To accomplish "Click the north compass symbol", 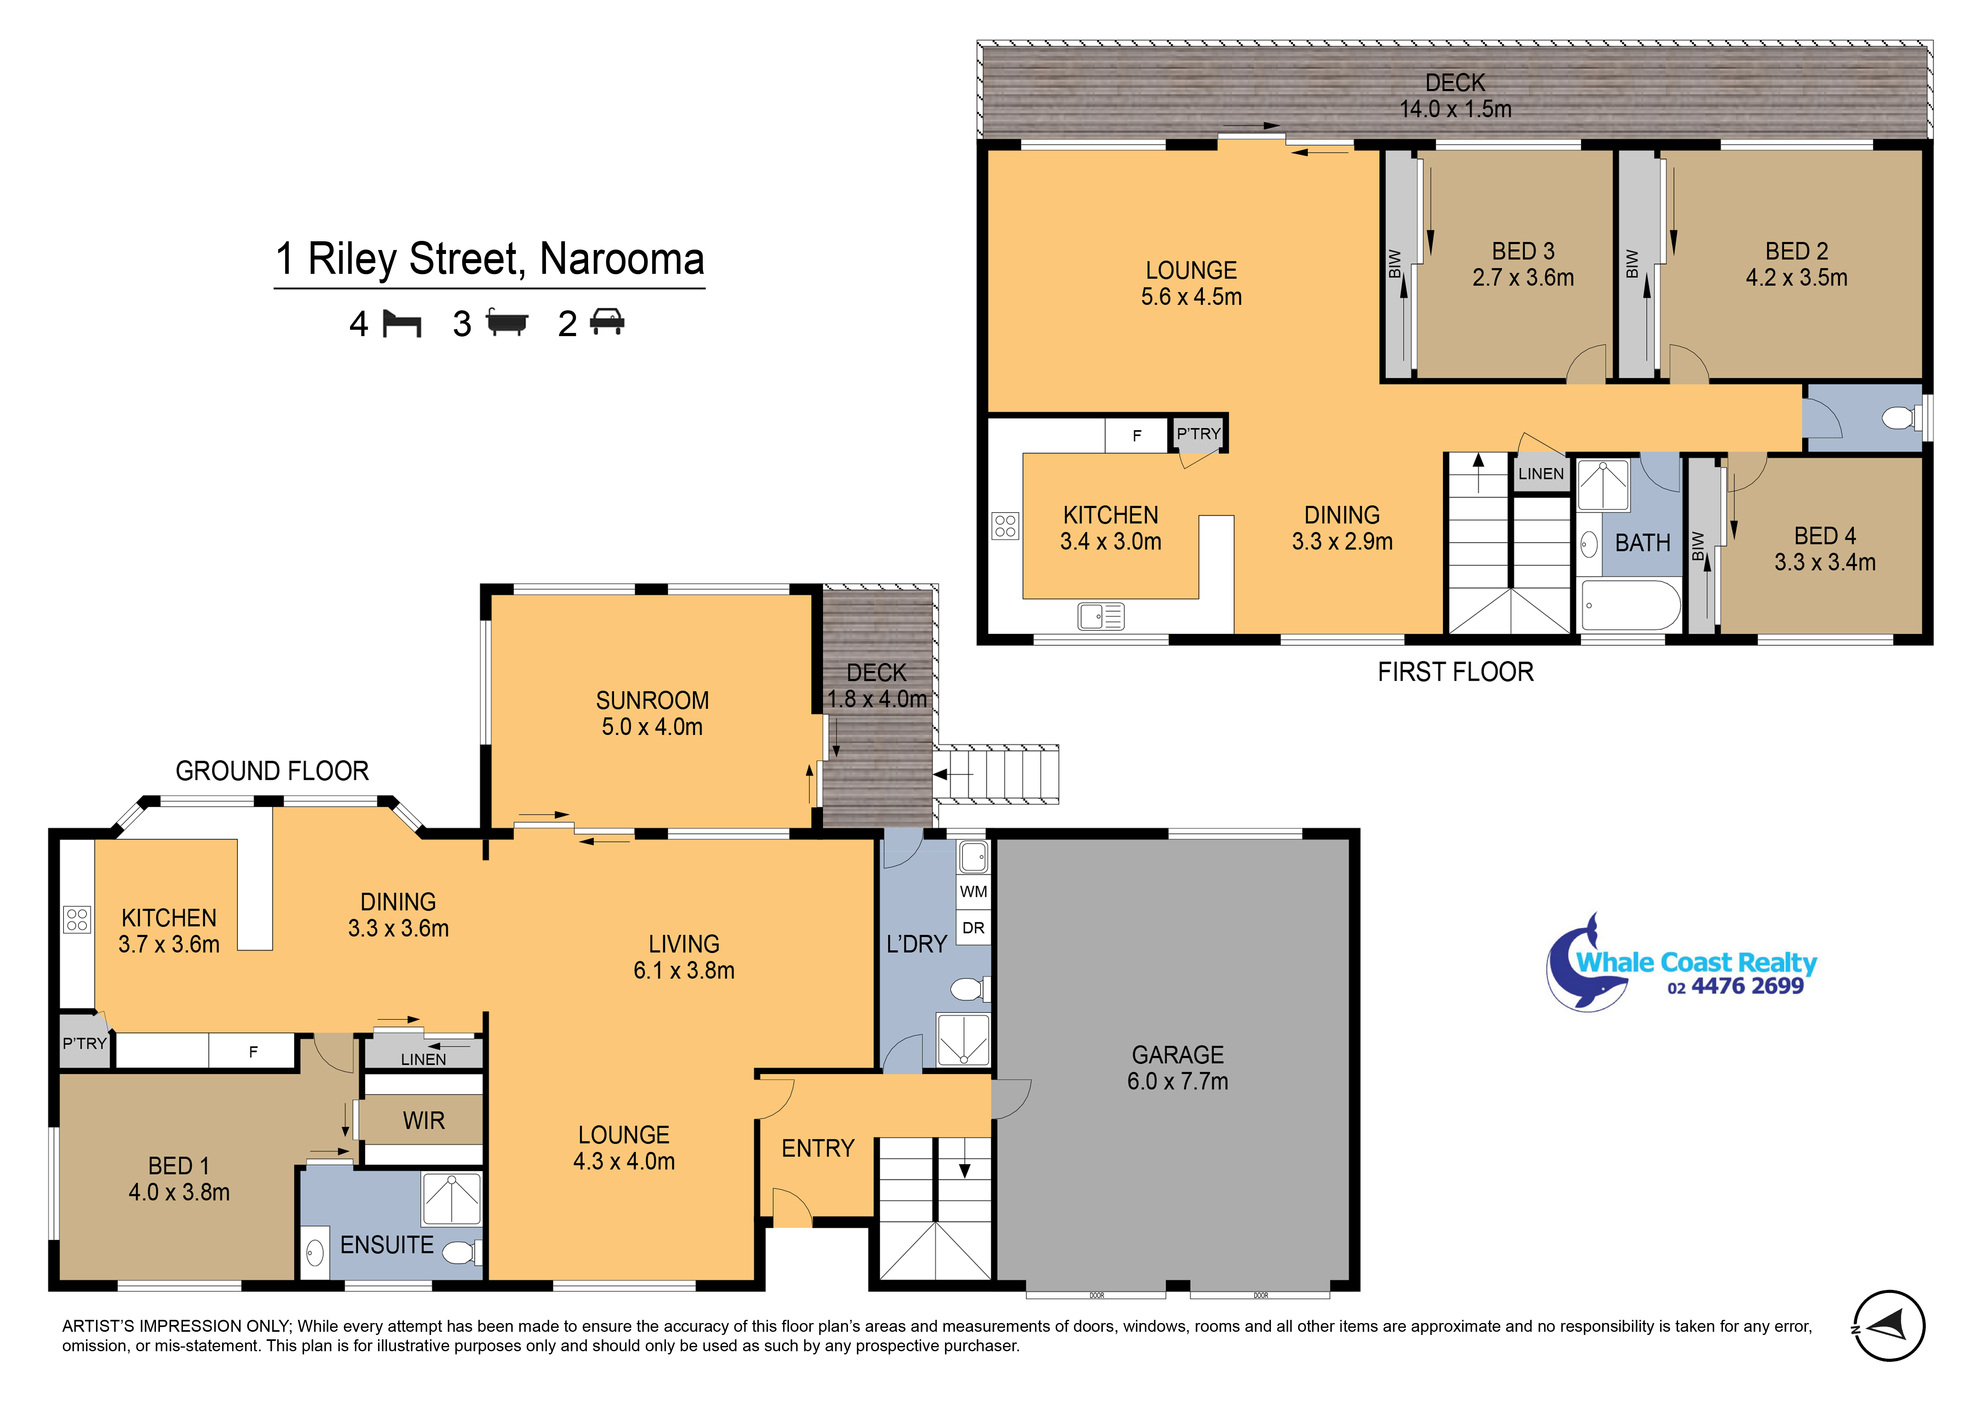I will pos(1889,1326).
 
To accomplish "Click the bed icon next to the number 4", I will pos(402,324).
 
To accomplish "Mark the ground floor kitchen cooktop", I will pos(77,919).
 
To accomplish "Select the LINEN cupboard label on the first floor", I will pos(1541,474).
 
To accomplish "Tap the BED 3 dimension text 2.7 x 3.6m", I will pos(1523,277).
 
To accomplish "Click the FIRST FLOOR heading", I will pos(1455,671).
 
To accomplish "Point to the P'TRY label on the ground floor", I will pos(84,1043).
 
